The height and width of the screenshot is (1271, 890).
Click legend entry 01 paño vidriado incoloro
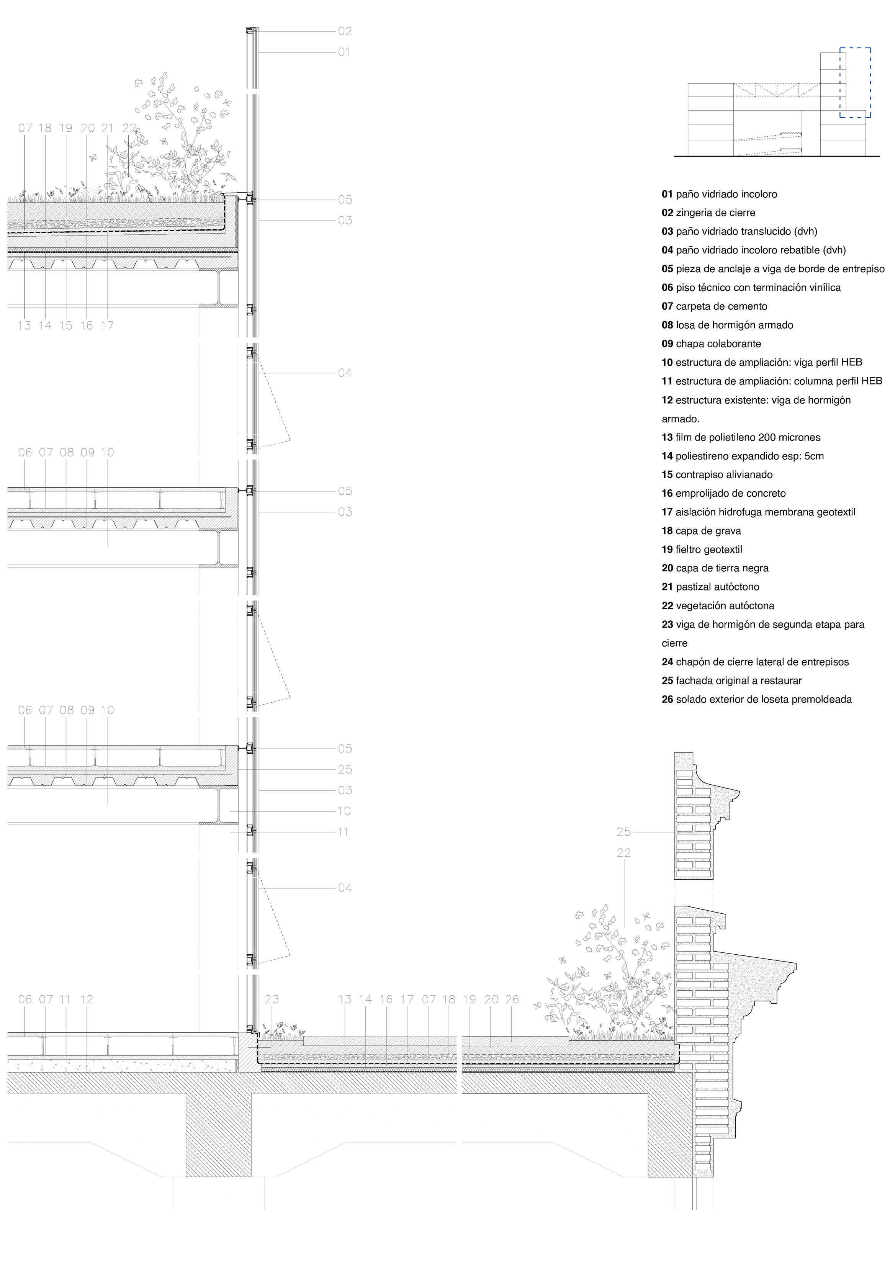tap(719, 194)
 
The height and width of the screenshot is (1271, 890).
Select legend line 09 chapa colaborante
tap(711, 344)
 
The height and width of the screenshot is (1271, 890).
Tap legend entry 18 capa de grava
tap(701, 531)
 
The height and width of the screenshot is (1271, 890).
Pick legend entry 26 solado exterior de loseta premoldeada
tap(757, 699)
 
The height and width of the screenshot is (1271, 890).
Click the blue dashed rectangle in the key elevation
tap(855, 82)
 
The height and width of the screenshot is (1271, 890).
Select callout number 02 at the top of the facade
tap(345, 31)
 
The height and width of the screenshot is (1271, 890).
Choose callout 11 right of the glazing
tap(343, 832)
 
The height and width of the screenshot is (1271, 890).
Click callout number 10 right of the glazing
tap(344, 811)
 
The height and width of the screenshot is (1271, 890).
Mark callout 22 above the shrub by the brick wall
tap(624, 853)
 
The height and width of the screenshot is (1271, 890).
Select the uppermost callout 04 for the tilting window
tap(345, 373)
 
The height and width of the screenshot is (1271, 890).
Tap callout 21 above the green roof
tap(107, 128)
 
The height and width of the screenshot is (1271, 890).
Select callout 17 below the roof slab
tap(107, 326)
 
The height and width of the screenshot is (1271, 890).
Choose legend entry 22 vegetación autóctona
tap(718, 605)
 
